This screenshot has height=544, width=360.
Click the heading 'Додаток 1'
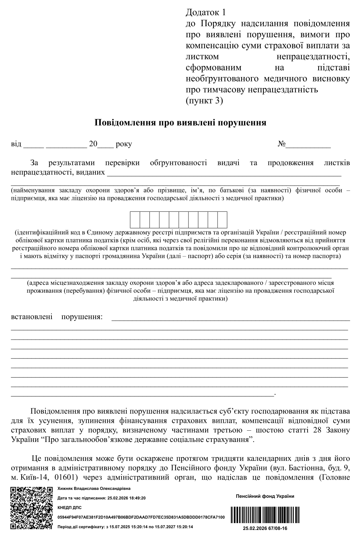206,13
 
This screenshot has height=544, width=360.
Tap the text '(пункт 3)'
204,101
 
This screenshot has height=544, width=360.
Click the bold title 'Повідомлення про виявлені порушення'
180,123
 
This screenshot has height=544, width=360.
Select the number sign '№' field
304,144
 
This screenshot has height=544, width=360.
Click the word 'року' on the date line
124,144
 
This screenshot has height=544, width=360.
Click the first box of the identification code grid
135,220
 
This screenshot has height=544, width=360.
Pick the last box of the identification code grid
222,220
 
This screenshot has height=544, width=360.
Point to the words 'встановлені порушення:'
57,317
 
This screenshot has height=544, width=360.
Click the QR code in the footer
32,508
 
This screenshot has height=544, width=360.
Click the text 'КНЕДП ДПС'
70,508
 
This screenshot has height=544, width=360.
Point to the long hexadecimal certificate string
141,517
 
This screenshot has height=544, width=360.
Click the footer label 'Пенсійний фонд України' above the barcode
265,496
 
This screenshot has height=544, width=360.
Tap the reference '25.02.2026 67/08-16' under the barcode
265,529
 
